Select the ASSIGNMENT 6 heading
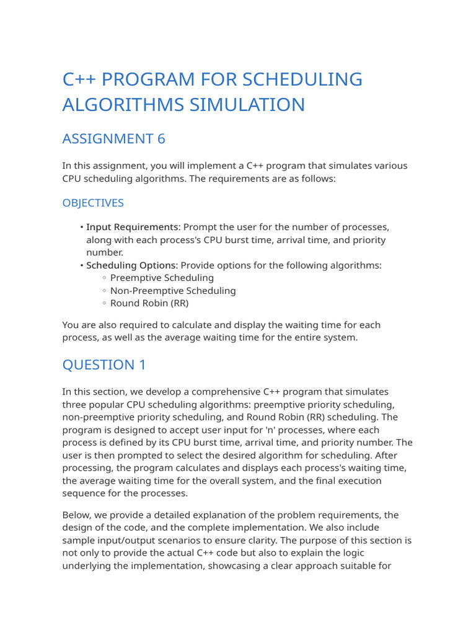point(113,139)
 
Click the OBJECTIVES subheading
point(93,203)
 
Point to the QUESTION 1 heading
point(104,365)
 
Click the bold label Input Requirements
point(132,227)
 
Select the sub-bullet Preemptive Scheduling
point(162,278)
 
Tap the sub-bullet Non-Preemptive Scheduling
point(173,290)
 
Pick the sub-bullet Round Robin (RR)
point(149,303)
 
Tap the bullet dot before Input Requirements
point(81,228)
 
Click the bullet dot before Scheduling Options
point(81,266)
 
